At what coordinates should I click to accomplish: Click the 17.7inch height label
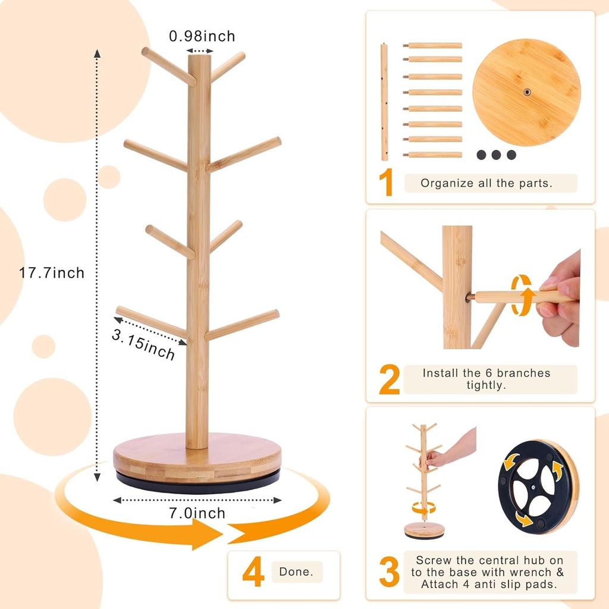click(x=52, y=273)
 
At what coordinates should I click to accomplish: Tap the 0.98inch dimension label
click(x=202, y=36)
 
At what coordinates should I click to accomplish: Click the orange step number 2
click(x=389, y=380)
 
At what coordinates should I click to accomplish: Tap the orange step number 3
click(x=389, y=573)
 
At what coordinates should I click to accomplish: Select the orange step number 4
click(x=253, y=574)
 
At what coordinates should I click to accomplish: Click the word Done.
click(x=297, y=573)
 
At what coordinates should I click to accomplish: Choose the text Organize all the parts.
click(x=486, y=183)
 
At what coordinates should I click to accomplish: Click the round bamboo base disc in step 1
click(x=526, y=92)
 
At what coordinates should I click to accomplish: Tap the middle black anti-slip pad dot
click(x=497, y=155)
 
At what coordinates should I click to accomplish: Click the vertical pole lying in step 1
click(x=384, y=102)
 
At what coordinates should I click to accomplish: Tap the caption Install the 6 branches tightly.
click(x=486, y=379)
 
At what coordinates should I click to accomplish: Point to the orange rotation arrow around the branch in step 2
click(x=522, y=295)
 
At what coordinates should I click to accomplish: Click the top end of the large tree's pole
click(x=199, y=58)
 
